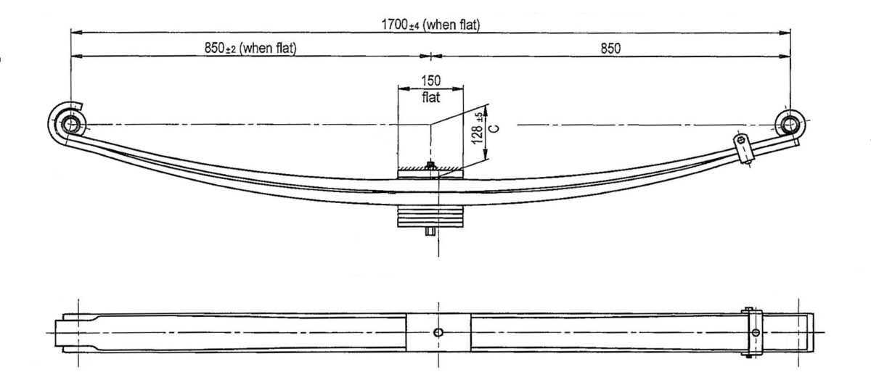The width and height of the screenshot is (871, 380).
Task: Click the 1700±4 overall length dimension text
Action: (x=430, y=25)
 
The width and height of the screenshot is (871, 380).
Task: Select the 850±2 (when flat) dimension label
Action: (x=251, y=49)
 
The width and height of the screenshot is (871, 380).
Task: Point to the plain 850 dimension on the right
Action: (x=610, y=49)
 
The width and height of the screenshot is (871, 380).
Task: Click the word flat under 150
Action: (x=430, y=98)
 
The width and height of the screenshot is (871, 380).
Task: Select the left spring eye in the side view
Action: (x=70, y=124)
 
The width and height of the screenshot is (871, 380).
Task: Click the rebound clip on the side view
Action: (x=743, y=149)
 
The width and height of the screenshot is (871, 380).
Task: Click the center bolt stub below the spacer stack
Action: (x=430, y=232)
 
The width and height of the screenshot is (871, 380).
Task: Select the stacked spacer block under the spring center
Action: (x=430, y=215)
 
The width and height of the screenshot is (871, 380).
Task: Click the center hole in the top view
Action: (x=437, y=332)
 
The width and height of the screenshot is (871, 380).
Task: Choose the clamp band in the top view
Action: (x=755, y=332)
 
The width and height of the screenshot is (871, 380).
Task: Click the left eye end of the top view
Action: (x=70, y=332)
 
